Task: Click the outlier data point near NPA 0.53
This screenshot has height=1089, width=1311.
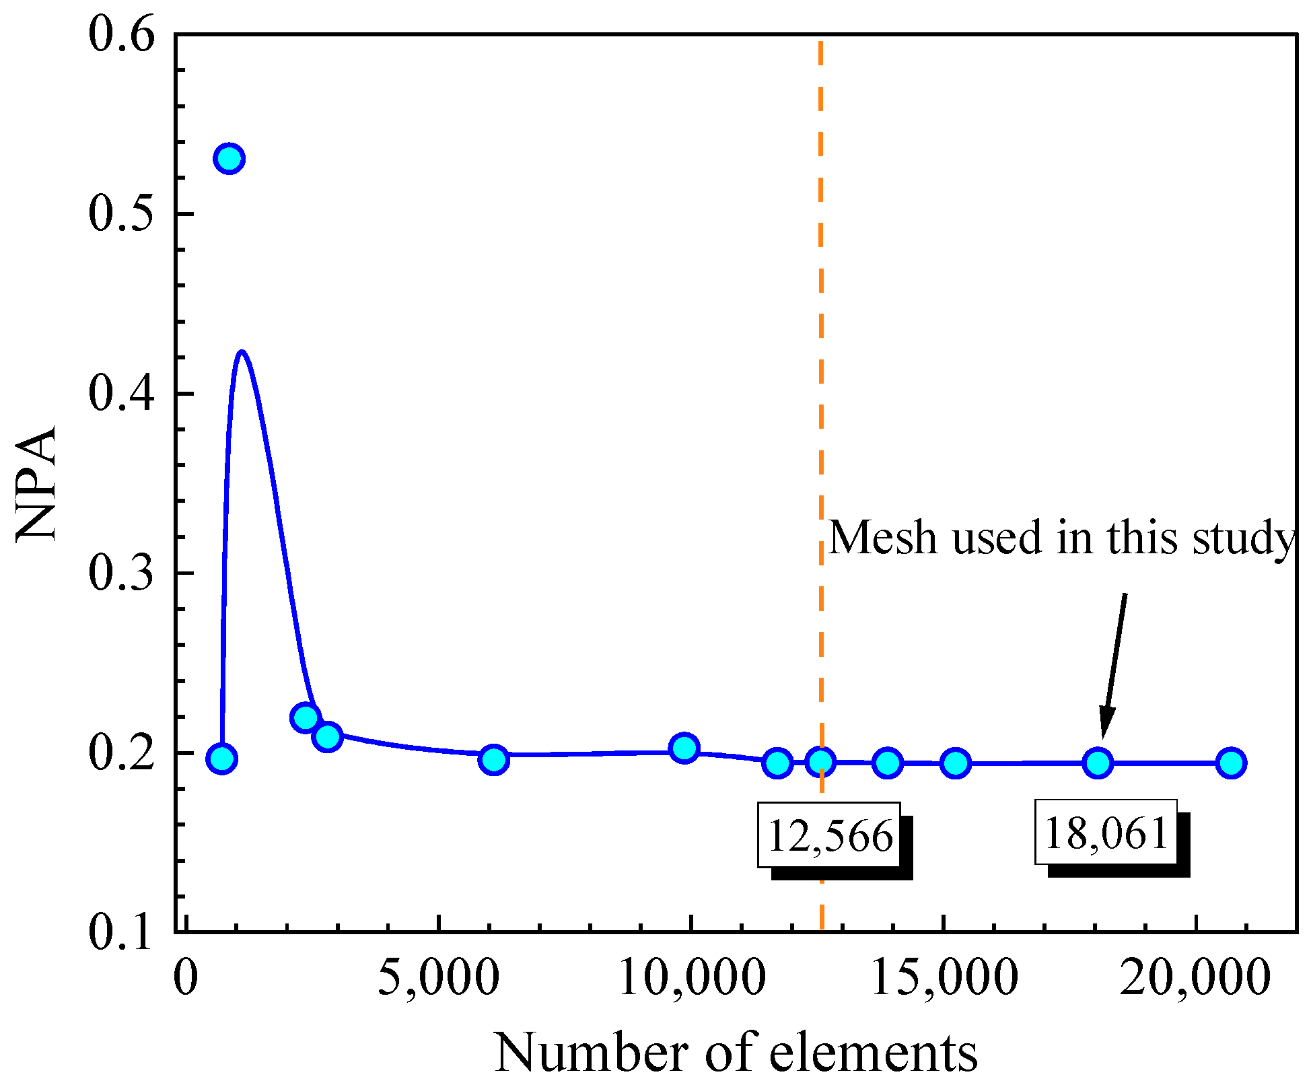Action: (229, 159)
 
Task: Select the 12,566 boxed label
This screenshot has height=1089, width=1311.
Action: (829, 835)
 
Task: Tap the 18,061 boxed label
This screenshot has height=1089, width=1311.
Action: (1106, 833)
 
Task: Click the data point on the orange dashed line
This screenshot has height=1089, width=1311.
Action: (820, 762)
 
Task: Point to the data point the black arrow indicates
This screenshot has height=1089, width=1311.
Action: (1098, 763)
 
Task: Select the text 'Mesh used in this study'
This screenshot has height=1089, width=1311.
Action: (1060, 538)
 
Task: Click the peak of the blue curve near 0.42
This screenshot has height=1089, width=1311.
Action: (242, 352)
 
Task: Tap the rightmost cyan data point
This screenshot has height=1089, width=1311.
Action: (1231, 763)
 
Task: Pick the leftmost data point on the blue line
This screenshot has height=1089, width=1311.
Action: (222, 759)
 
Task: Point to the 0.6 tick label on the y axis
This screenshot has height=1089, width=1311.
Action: (121, 35)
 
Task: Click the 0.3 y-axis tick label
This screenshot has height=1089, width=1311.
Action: (121, 573)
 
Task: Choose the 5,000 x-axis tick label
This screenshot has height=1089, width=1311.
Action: (438, 977)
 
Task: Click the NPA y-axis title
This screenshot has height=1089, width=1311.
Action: (37, 483)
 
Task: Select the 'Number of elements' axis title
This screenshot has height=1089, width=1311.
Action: (736, 1053)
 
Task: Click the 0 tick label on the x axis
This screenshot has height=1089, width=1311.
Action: (185, 977)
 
